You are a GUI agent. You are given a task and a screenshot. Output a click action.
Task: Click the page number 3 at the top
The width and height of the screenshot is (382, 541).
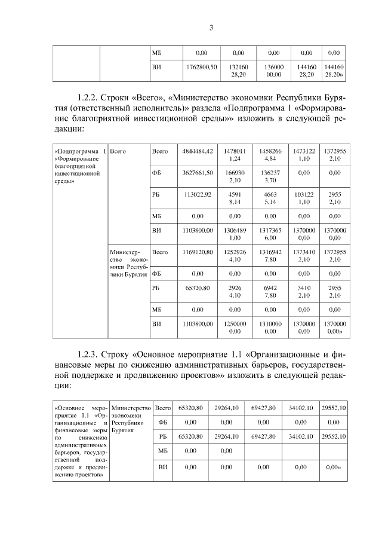click(x=211, y=27)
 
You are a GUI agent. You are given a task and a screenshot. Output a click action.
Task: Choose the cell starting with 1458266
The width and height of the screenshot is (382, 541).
click(x=270, y=155)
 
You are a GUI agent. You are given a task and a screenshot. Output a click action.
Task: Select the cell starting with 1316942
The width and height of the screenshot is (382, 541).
click(x=270, y=256)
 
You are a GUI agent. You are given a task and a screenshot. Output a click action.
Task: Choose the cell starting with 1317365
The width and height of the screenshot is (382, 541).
click(x=270, y=234)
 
